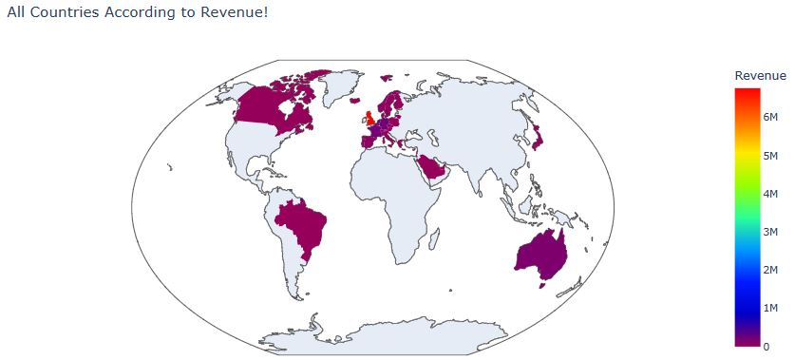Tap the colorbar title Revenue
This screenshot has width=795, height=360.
pyautogui.click(x=760, y=75)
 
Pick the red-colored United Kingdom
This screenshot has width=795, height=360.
pyautogui.click(x=368, y=119)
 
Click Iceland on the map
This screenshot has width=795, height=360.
pyautogui.click(x=354, y=99)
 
